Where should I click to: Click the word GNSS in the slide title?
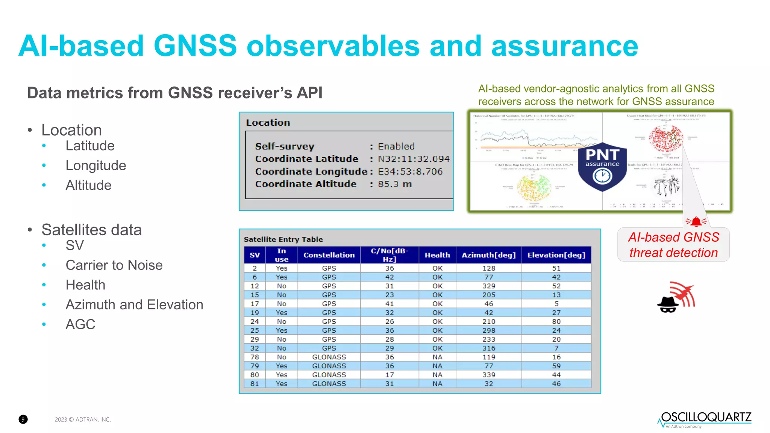[195, 46]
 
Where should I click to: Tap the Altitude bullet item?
[88, 185]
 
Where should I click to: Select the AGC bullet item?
[80, 324]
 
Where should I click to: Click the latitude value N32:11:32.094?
[414, 159]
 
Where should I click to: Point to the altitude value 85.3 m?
[395, 184]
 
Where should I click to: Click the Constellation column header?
[329, 255]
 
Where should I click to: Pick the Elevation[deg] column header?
[556, 255]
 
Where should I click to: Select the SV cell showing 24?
[255, 322]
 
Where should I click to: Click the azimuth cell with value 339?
[489, 375]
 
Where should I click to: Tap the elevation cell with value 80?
[556, 322]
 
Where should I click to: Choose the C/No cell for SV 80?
[390, 375]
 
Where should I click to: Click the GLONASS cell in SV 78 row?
[329, 357]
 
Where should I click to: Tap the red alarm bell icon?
[696, 222]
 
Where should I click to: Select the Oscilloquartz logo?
[705, 419]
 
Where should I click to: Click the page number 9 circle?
[23, 419]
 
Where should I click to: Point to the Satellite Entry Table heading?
[283, 239]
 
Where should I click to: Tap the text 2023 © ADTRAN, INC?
[83, 419]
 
